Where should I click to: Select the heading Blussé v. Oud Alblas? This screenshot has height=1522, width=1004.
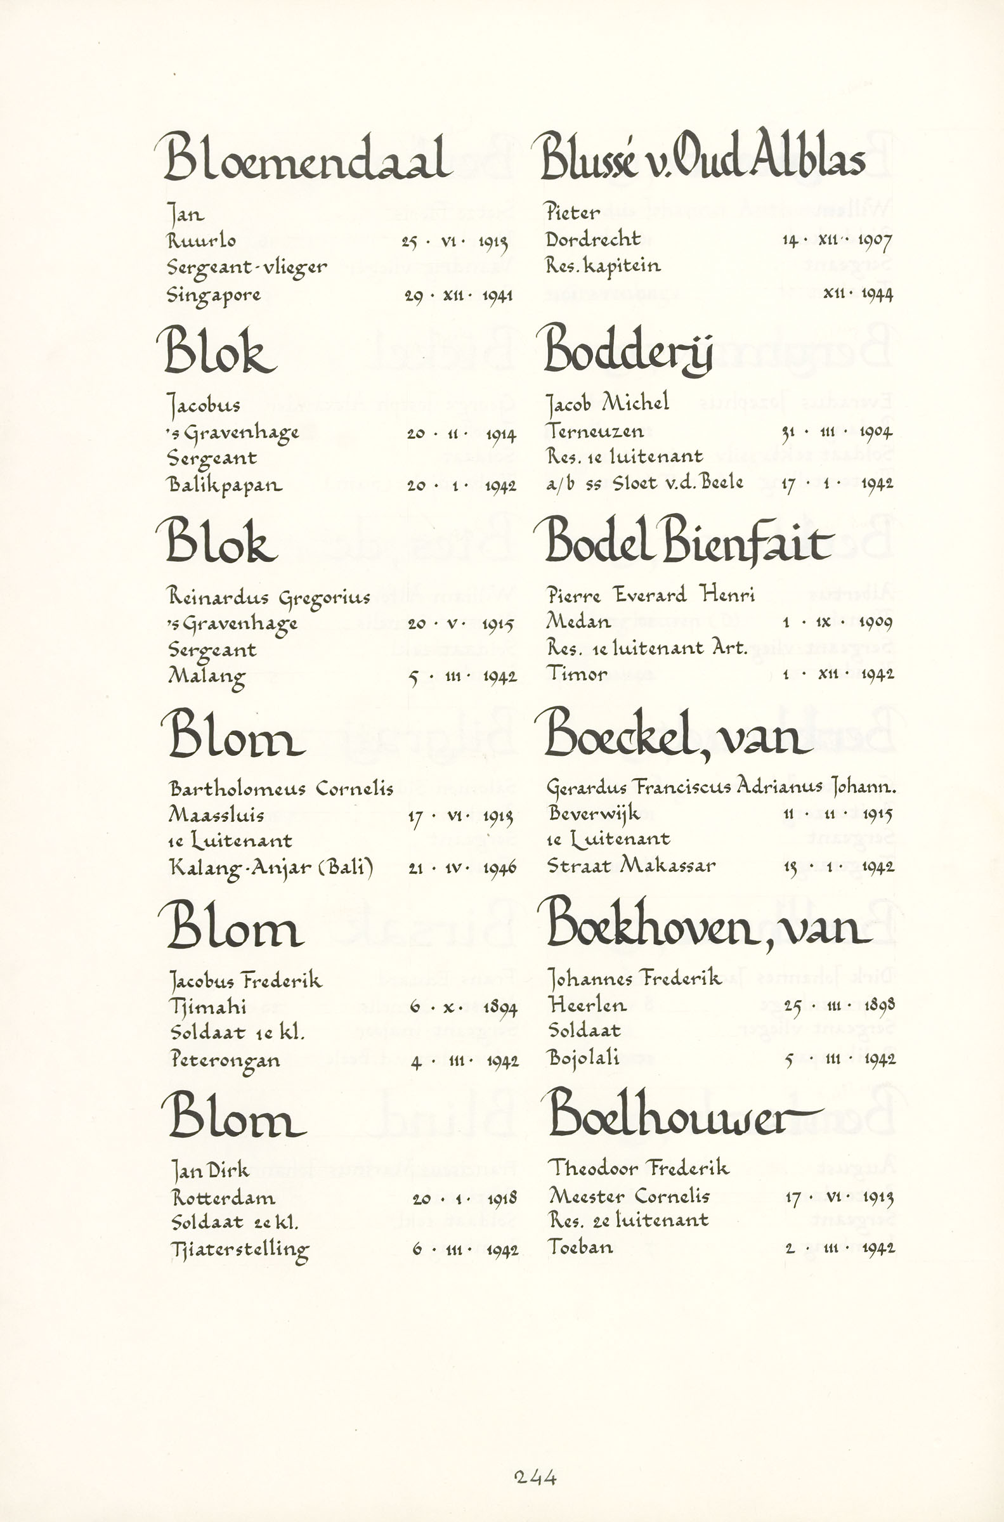702,156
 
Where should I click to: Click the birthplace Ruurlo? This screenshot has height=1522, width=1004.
201,241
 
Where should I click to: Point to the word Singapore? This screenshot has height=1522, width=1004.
214,296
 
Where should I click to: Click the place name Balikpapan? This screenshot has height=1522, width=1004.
225,485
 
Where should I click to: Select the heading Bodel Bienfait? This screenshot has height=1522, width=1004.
688,543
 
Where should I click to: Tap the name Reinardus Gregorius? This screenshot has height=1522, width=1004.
269,597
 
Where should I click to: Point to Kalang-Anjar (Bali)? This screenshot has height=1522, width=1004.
271,868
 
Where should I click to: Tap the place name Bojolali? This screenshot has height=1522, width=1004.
583,1058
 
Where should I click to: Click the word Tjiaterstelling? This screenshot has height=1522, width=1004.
240,1249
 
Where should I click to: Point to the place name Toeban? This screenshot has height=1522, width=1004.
580,1247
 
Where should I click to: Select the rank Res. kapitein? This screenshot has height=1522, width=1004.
603,266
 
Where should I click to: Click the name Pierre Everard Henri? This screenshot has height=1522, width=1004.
651,595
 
